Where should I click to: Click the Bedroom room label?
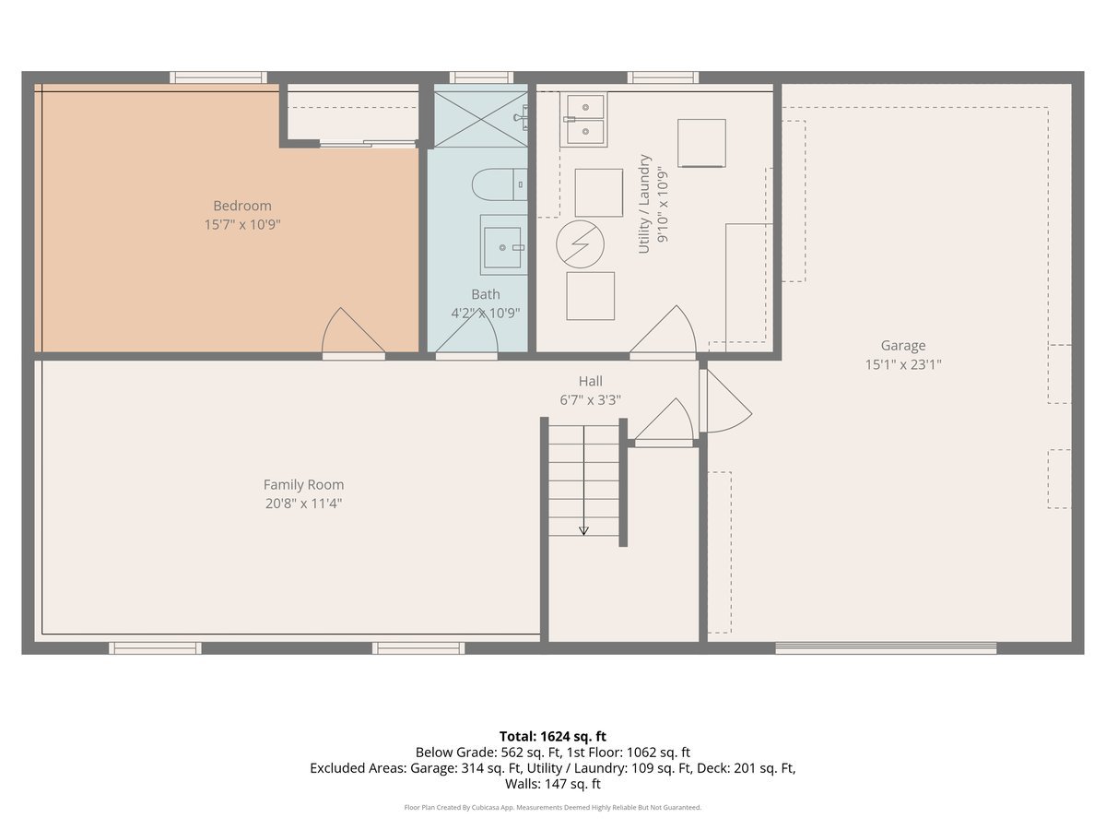click(x=242, y=206)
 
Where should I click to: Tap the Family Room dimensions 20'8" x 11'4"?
click(x=303, y=504)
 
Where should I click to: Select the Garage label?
click(x=902, y=346)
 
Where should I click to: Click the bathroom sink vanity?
click(x=503, y=245)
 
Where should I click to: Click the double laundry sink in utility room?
click(x=583, y=120)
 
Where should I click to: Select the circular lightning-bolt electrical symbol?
click(x=580, y=243)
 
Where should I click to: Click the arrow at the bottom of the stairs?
click(x=583, y=529)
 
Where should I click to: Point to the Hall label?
click(x=590, y=381)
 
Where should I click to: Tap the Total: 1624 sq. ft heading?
click(x=553, y=736)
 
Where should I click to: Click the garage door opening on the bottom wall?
click(x=886, y=647)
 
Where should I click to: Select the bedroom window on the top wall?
click(x=218, y=77)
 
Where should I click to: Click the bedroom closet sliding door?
click(x=368, y=143)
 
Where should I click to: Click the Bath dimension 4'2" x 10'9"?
click(x=485, y=313)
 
